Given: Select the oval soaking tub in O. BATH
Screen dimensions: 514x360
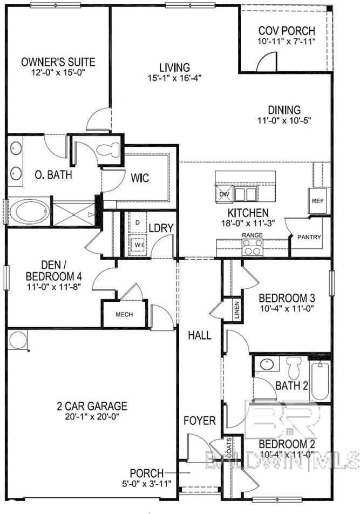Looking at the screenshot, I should pos(29,211).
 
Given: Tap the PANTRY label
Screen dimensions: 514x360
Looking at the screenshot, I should pos(309,237).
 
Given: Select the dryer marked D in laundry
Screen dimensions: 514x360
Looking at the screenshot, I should pos(138,222).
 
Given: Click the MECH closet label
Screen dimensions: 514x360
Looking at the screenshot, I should pos(123,315).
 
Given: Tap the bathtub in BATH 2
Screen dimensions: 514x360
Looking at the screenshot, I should pos(320,381).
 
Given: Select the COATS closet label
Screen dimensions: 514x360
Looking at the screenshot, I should pos(229,446).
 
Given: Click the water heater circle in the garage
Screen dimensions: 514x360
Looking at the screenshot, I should pos(18,341).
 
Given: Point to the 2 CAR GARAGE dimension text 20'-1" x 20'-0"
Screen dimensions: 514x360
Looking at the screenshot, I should pos(92,417).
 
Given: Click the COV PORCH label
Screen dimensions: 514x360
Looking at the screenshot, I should pos(287,31).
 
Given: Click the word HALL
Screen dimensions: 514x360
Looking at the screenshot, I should pos(199,335).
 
